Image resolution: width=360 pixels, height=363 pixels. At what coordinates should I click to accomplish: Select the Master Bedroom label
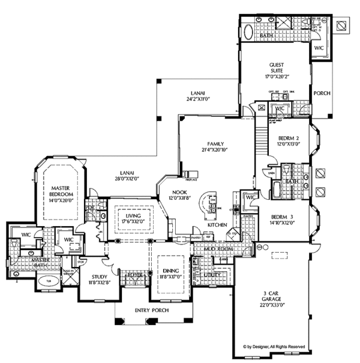pyautogui.click(x=61, y=191)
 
